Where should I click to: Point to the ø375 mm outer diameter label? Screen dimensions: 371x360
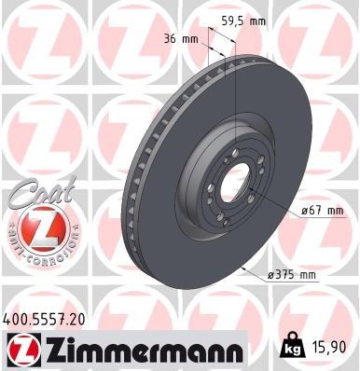(291, 275)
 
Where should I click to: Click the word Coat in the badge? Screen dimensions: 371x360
(35, 192)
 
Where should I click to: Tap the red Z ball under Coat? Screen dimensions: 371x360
(35, 227)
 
